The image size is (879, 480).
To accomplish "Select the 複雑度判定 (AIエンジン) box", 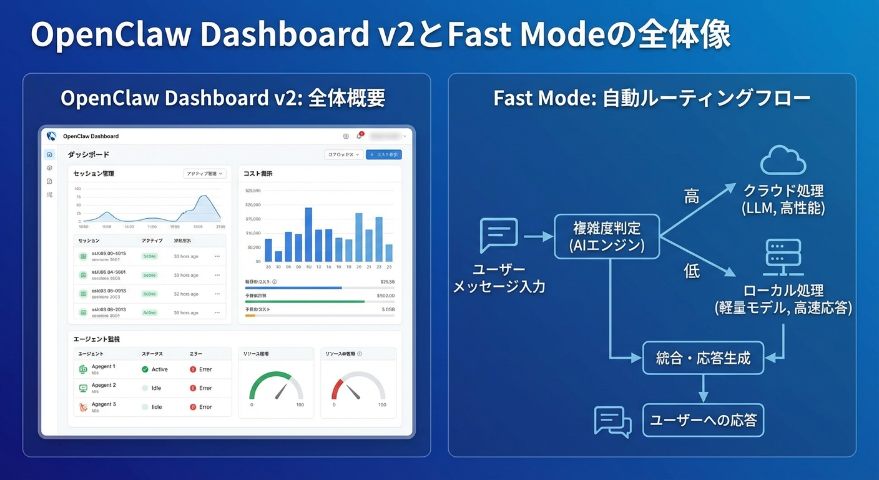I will coord(607,236).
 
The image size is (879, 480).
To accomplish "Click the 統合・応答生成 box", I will coord(703,358).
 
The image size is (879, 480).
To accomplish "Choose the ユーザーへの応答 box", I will coord(703,420).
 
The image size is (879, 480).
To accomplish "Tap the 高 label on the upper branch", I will coord(692,196).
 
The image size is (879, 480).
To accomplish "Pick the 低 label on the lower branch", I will coord(692,272).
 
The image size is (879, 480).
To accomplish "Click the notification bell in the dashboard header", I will coord(359,136).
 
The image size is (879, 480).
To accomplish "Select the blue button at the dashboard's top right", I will coord(383,154).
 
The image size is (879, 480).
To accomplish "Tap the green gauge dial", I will coord(276,386).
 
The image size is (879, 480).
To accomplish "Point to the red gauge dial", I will coord(358,386).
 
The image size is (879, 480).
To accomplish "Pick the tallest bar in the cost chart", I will coord(308,234).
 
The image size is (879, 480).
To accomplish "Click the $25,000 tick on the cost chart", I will coord(253,191).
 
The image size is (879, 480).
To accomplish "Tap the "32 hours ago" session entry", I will coord(186,294).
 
